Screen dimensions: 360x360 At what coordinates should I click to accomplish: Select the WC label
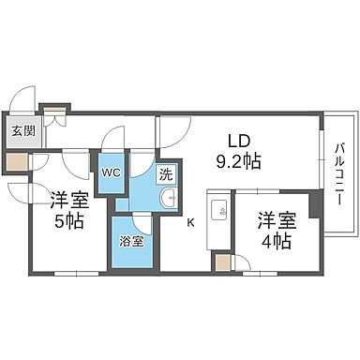(x=110, y=173)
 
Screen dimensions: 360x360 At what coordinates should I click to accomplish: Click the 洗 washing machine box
(x=165, y=173)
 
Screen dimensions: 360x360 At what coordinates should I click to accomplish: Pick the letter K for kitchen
(x=190, y=222)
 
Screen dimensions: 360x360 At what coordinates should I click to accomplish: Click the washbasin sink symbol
(x=169, y=197)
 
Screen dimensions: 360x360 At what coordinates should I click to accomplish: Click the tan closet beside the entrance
(x=16, y=159)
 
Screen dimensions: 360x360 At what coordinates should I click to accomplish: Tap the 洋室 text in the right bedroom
(x=276, y=219)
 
